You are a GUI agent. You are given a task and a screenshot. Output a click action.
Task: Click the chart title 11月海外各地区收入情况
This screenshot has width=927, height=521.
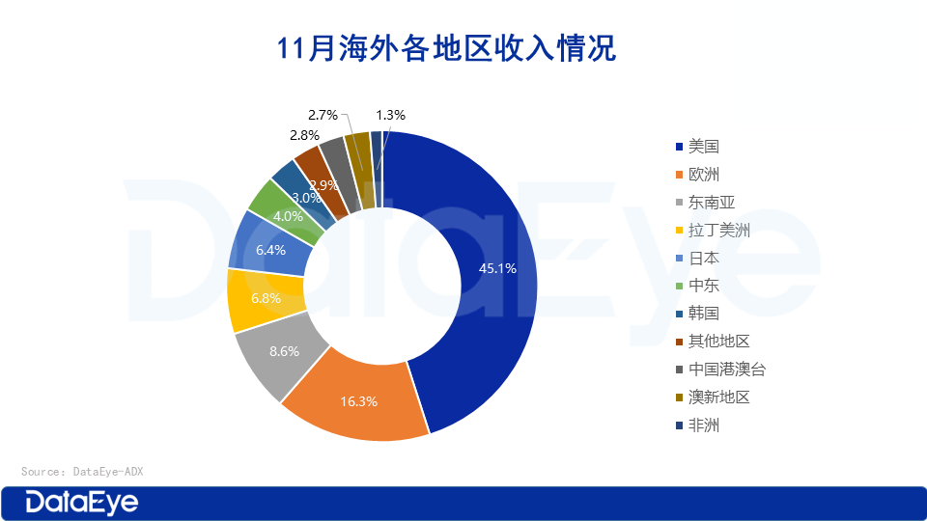point(446,48)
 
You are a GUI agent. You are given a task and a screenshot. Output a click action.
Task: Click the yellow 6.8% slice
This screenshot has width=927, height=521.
point(253,299)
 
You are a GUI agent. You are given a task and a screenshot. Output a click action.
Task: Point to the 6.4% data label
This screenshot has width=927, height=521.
point(271,249)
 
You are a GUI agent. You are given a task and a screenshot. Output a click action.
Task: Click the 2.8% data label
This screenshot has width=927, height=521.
point(304,135)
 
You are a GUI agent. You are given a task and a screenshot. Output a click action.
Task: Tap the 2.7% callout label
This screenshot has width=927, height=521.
point(323,115)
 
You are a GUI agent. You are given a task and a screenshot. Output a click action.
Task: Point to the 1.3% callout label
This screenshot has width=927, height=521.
point(390,115)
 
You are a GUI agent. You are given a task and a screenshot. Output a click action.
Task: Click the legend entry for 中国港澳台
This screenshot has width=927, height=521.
point(725,370)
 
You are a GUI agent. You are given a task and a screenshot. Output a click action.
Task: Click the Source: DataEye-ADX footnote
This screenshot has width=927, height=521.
point(82,472)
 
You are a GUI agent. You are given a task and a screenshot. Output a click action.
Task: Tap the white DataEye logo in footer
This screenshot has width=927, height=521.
point(82,502)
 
